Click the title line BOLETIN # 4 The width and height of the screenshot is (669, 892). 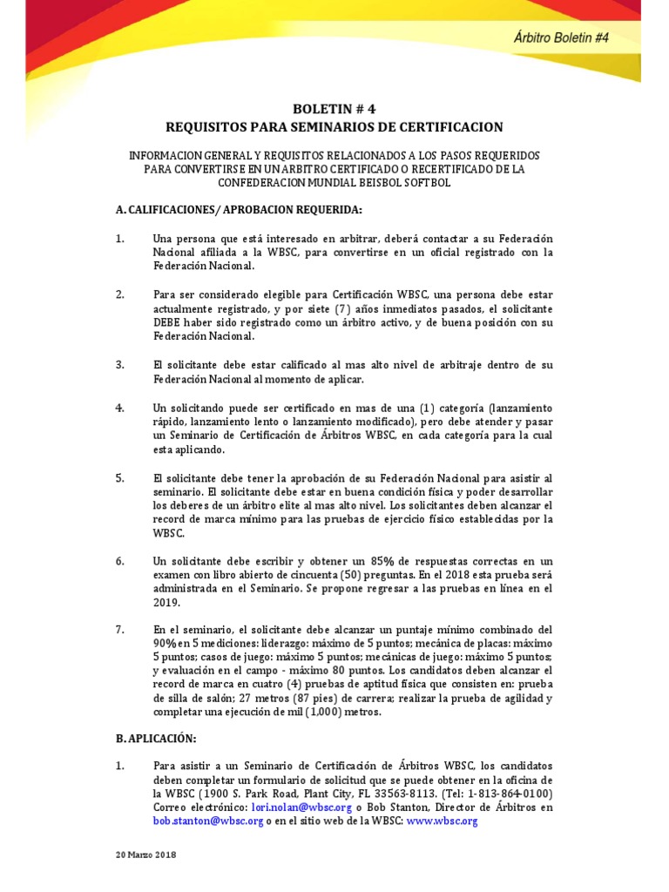(x=334, y=110)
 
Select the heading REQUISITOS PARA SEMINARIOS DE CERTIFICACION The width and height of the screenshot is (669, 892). (x=334, y=127)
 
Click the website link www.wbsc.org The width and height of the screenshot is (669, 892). (x=442, y=821)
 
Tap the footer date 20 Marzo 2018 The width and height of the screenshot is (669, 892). (x=146, y=855)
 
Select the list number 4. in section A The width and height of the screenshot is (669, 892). (x=120, y=409)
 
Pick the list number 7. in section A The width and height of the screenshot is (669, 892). (x=120, y=629)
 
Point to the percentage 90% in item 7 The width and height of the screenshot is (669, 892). (x=166, y=643)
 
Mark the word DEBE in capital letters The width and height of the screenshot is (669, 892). (x=168, y=323)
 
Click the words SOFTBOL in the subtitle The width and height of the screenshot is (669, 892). (x=424, y=183)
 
